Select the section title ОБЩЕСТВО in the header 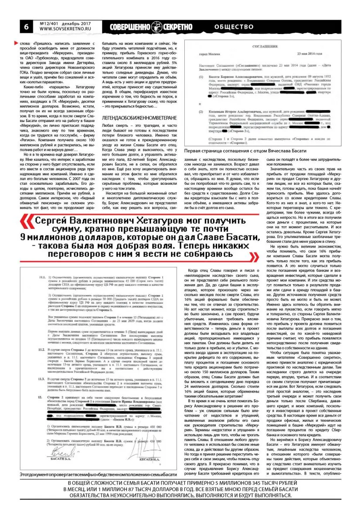click(234, 26)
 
